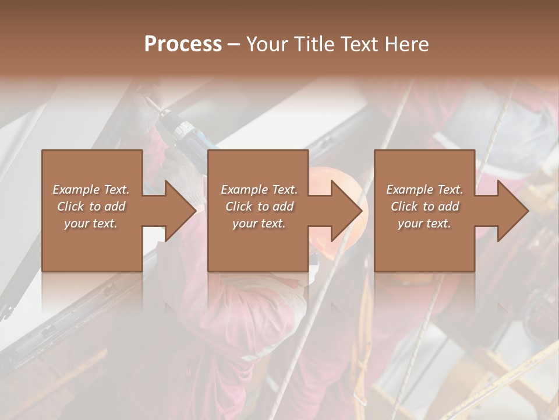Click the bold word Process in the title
(183, 44)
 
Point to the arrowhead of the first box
(181, 211)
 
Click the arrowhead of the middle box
(347, 211)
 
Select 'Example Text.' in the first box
(91, 190)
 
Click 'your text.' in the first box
(91, 223)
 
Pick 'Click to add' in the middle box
(259, 206)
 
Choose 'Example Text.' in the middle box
(259, 190)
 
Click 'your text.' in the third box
(424, 223)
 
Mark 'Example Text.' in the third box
(424, 190)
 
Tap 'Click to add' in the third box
(424, 206)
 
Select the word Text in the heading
(360, 44)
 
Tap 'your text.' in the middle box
(259, 223)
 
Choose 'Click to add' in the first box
(91, 206)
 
